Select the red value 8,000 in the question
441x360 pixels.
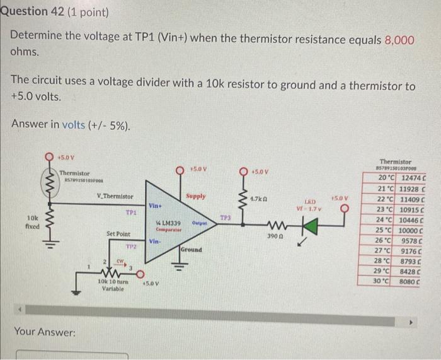399,39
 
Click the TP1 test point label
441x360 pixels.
131,212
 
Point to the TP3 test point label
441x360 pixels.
225,218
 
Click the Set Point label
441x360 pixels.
118,233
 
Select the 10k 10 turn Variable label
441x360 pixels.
114,284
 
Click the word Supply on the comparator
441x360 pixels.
195,196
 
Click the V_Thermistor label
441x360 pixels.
115,197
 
